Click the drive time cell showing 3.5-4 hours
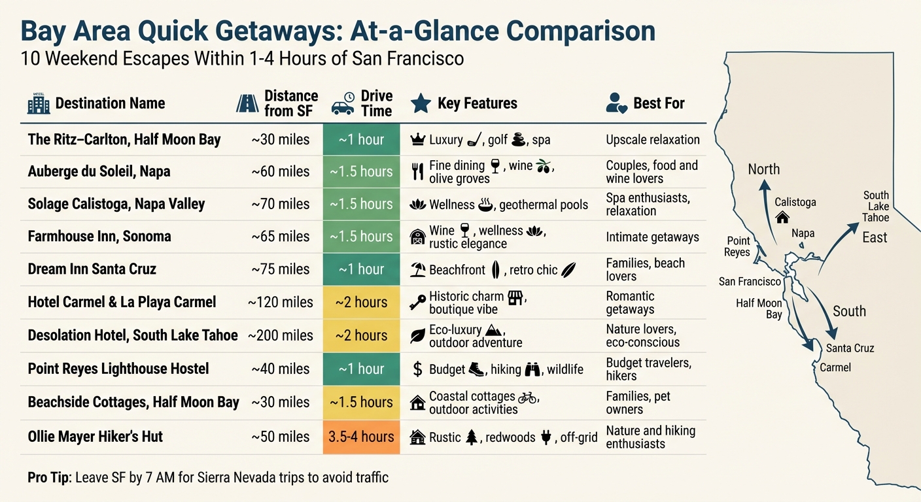click(x=361, y=437)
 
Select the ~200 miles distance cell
click(x=281, y=335)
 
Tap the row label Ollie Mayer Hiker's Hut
click(x=96, y=437)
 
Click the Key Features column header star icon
click(x=420, y=103)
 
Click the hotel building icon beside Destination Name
click(x=39, y=103)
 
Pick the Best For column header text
click(x=659, y=103)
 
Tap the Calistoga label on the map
click(x=795, y=202)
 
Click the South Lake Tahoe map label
click(x=875, y=207)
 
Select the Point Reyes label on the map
click(x=738, y=246)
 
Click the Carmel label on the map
click(x=835, y=367)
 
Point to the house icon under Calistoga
click(x=782, y=217)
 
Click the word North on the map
click(x=763, y=169)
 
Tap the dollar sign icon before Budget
click(x=417, y=369)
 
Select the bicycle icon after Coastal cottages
click(x=527, y=397)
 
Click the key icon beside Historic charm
click(x=417, y=303)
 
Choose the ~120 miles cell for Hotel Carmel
click(x=281, y=303)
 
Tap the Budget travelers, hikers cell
click(x=648, y=369)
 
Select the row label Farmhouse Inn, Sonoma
click(x=99, y=237)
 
